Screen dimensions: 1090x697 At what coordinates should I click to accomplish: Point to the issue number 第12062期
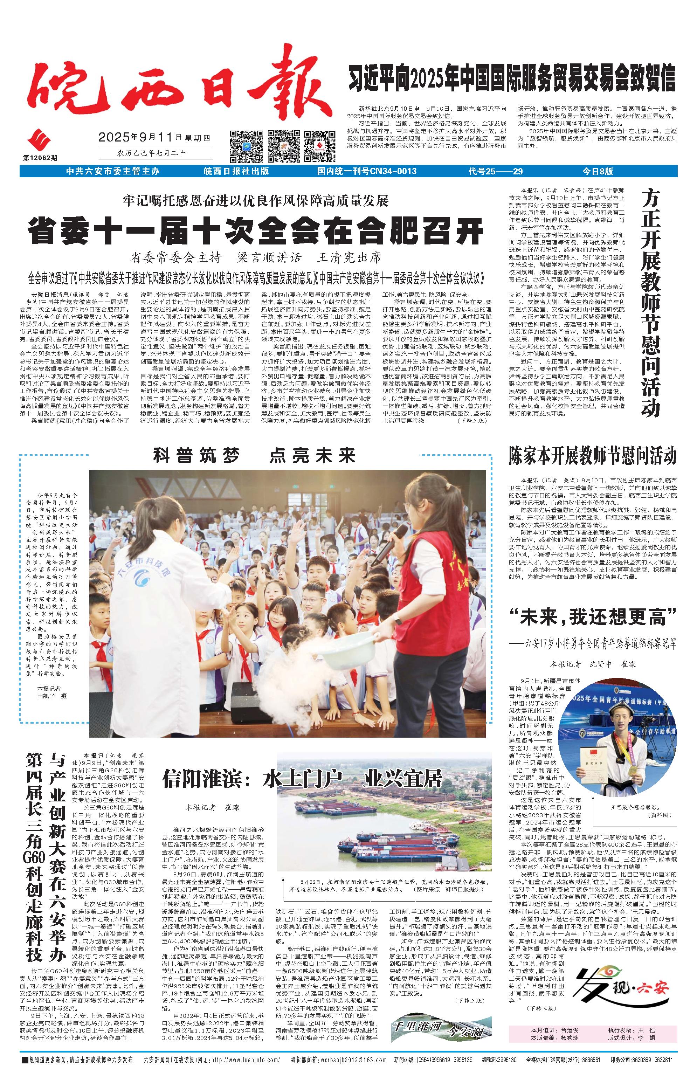[40, 157]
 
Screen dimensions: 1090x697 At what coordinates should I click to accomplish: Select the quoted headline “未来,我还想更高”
[593, 616]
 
